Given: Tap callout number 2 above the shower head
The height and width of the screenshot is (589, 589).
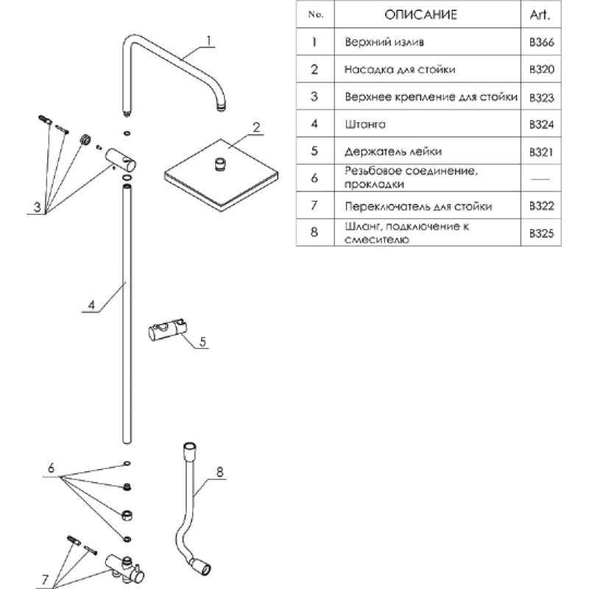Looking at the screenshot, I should [x=255, y=126].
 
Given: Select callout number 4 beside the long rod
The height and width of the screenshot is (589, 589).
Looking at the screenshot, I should [x=91, y=304].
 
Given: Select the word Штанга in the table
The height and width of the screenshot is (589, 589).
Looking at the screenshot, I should [x=360, y=124].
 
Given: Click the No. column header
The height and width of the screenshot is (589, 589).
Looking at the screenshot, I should [x=314, y=15].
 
